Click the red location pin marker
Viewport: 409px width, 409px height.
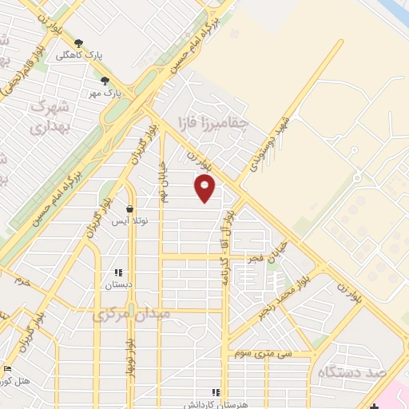click(205, 189)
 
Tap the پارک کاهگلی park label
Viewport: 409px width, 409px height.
click(80, 56)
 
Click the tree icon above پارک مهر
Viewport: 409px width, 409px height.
click(105, 80)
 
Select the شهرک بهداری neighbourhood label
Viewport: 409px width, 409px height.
click(50, 116)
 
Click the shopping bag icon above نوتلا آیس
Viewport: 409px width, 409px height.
click(129, 209)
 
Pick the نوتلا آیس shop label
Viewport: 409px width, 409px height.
click(129, 221)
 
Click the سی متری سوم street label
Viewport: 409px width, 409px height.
click(264, 352)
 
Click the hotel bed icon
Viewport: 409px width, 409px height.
click(8, 369)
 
